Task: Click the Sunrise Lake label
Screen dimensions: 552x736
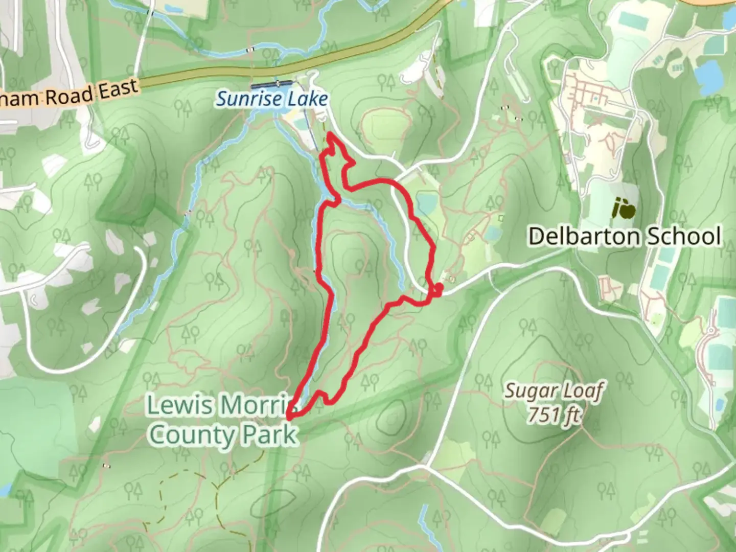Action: [x=271, y=99]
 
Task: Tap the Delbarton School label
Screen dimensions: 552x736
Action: [x=624, y=237]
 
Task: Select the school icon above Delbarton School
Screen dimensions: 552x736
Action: [x=624, y=208]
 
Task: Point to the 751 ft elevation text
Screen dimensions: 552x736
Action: [x=554, y=415]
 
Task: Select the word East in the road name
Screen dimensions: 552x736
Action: [x=119, y=90]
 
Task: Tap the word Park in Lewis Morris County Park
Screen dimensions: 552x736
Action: [x=269, y=435]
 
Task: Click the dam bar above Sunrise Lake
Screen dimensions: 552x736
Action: [x=271, y=83]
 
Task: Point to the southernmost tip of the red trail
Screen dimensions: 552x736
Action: [x=290, y=417]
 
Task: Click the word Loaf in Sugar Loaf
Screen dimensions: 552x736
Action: [x=584, y=390]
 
